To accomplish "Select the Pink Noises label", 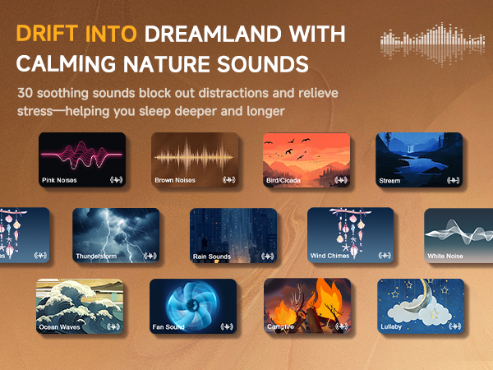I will (59, 179).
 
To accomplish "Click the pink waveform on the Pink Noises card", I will (82, 155).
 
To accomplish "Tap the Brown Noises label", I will (175, 179).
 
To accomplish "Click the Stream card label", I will (389, 179).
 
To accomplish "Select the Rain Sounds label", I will (211, 257).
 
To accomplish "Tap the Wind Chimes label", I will (330, 256).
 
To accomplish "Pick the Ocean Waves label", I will (60, 326).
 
